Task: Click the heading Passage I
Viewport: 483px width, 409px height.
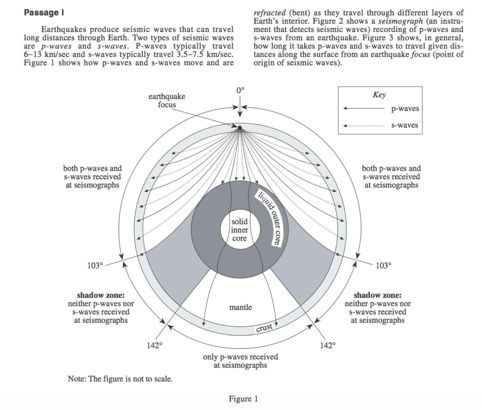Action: pyautogui.click(x=44, y=13)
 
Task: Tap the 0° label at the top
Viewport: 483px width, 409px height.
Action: pyautogui.click(x=240, y=90)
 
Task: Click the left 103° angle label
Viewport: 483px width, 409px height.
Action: pyautogui.click(x=95, y=266)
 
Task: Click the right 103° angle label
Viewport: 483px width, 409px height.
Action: pyautogui.click(x=383, y=266)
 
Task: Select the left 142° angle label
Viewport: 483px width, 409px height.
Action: pyautogui.click(x=154, y=345)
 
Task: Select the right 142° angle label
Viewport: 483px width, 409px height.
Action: pyautogui.click(x=328, y=345)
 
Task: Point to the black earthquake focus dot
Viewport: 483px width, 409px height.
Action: pyautogui.click(x=239, y=128)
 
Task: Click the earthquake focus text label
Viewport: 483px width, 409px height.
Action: pyautogui.click(x=167, y=100)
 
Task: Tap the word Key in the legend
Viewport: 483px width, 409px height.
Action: pyautogui.click(x=379, y=95)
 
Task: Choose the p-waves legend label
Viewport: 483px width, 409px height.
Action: pyautogui.click(x=405, y=109)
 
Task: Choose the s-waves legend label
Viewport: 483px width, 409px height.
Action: pyautogui.click(x=404, y=125)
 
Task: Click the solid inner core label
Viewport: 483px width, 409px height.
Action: pyautogui.click(x=239, y=230)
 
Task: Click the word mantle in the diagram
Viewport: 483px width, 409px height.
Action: pyautogui.click(x=240, y=307)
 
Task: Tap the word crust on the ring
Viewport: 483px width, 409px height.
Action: pyautogui.click(x=264, y=328)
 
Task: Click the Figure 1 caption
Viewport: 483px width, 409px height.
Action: pyautogui.click(x=243, y=399)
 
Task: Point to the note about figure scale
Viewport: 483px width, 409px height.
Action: pyautogui.click(x=120, y=379)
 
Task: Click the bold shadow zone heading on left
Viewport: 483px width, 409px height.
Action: pyautogui.click(x=101, y=295)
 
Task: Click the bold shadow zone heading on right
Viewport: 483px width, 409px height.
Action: pyautogui.click(x=378, y=295)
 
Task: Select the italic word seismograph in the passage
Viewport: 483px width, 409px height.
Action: pyautogui.click(x=400, y=21)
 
